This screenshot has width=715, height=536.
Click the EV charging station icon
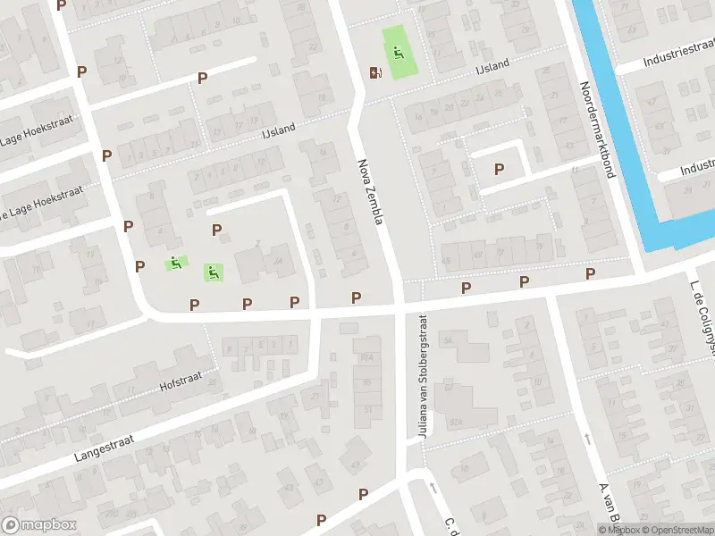374,72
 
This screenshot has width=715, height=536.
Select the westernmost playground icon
175,263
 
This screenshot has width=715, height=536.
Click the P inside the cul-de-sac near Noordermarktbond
500,168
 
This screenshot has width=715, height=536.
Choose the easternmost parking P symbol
590,273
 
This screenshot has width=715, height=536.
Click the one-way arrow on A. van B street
587,439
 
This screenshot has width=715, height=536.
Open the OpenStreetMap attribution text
676,530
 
